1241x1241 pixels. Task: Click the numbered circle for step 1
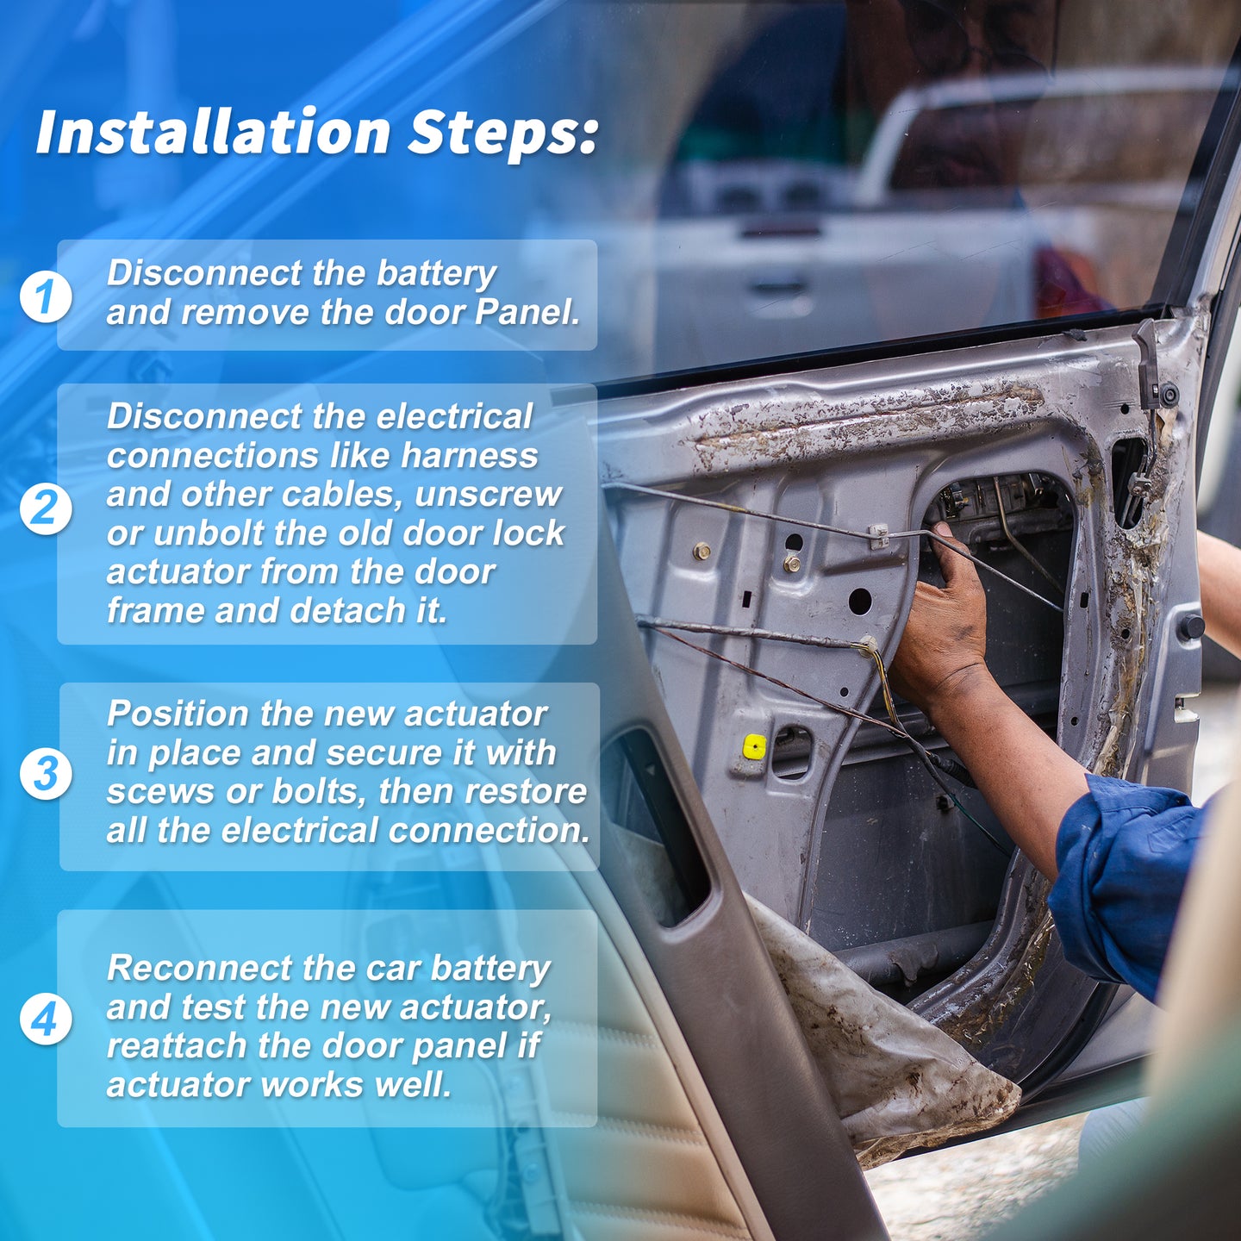[x=45, y=296]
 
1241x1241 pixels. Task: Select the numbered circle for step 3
[x=45, y=773]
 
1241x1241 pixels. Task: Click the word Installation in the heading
[x=213, y=132]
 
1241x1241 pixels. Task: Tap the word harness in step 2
[x=470, y=456]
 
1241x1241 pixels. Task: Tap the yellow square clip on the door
[x=754, y=746]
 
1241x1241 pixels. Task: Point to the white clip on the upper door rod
[x=878, y=534]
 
